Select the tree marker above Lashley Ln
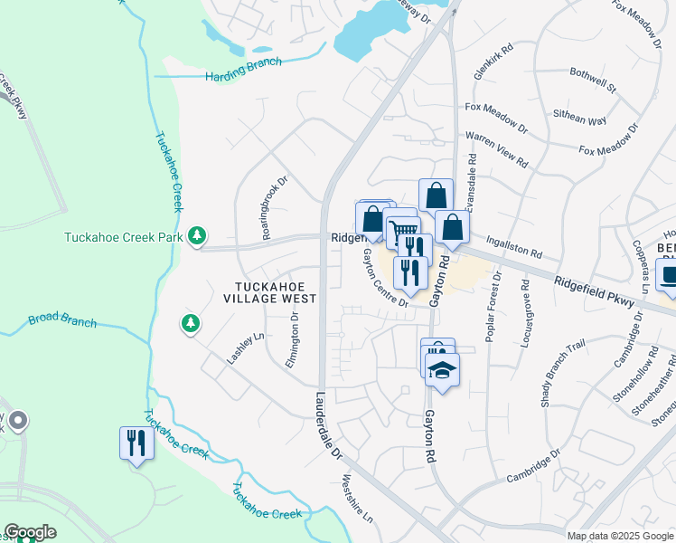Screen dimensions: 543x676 click(190, 322)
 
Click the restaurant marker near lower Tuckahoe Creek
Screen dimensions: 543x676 click(136, 443)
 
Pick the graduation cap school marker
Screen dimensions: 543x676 click(442, 370)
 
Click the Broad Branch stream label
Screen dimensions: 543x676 click(62, 319)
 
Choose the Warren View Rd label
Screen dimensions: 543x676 click(496, 149)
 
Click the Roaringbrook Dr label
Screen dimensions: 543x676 click(273, 206)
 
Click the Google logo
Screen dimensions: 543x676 click(30, 533)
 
